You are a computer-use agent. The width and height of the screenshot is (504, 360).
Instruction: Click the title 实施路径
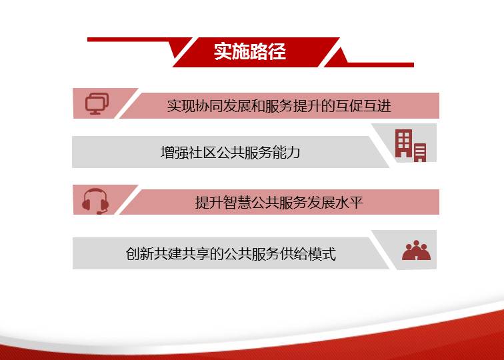[x=250, y=51]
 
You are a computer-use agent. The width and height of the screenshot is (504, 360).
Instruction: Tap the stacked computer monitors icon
[x=97, y=103]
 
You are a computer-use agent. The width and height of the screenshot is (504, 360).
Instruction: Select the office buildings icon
[x=411, y=145]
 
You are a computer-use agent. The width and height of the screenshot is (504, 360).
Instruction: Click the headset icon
[x=95, y=201]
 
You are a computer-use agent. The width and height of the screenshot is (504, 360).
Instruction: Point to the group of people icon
[x=416, y=250]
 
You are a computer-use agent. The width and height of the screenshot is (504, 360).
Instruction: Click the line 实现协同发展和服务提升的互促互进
[x=279, y=106]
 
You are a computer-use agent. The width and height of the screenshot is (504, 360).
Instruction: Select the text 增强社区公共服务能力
[x=231, y=152]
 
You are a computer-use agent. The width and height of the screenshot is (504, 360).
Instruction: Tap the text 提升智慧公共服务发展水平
[x=279, y=203]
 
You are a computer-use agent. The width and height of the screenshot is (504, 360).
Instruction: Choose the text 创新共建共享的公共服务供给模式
[x=231, y=253]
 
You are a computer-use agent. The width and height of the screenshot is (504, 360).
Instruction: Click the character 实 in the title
[x=223, y=51]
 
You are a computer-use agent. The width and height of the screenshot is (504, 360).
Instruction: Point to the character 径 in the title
[x=277, y=51]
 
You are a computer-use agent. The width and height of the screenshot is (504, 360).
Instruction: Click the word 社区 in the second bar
[x=203, y=152]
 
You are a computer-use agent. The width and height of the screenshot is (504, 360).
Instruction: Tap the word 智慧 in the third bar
[x=237, y=203]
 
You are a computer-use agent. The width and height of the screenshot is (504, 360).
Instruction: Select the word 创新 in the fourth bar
[x=139, y=253]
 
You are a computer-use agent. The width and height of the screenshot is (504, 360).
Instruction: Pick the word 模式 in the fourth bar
[x=322, y=253]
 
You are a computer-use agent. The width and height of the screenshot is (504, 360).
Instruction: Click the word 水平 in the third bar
[x=349, y=203]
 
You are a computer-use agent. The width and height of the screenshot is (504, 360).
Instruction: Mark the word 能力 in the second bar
[x=287, y=152]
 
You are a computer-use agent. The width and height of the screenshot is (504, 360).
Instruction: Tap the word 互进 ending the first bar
[x=377, y=106]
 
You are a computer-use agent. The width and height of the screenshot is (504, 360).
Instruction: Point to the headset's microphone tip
[x=99, y=213]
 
